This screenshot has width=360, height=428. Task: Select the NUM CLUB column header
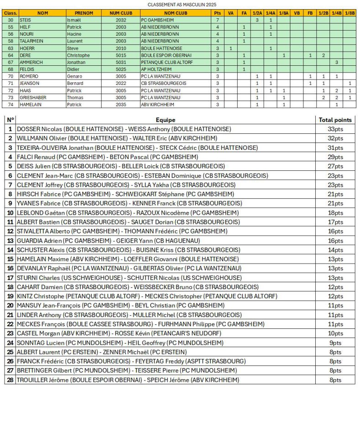tap(121, 13)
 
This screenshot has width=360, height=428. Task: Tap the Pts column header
tap(218, 13)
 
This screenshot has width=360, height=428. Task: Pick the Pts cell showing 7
tap(218, 20)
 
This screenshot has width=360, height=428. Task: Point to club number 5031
tap(121, 62)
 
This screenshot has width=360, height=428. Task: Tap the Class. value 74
tap(10, 105)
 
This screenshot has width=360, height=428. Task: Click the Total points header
tap(335, 120)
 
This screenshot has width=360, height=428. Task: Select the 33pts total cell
tap(335, 129)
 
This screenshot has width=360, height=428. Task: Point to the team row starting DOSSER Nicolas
tap(124, 129)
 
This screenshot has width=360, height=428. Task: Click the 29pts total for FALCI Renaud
tap(335, 157)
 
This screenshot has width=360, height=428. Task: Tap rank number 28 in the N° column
tap(10, 380)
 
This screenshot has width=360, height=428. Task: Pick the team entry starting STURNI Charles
tap(129, 278)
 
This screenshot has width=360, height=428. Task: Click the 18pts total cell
tap(335, 213)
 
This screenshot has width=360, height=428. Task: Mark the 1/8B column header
tap(350, 13)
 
